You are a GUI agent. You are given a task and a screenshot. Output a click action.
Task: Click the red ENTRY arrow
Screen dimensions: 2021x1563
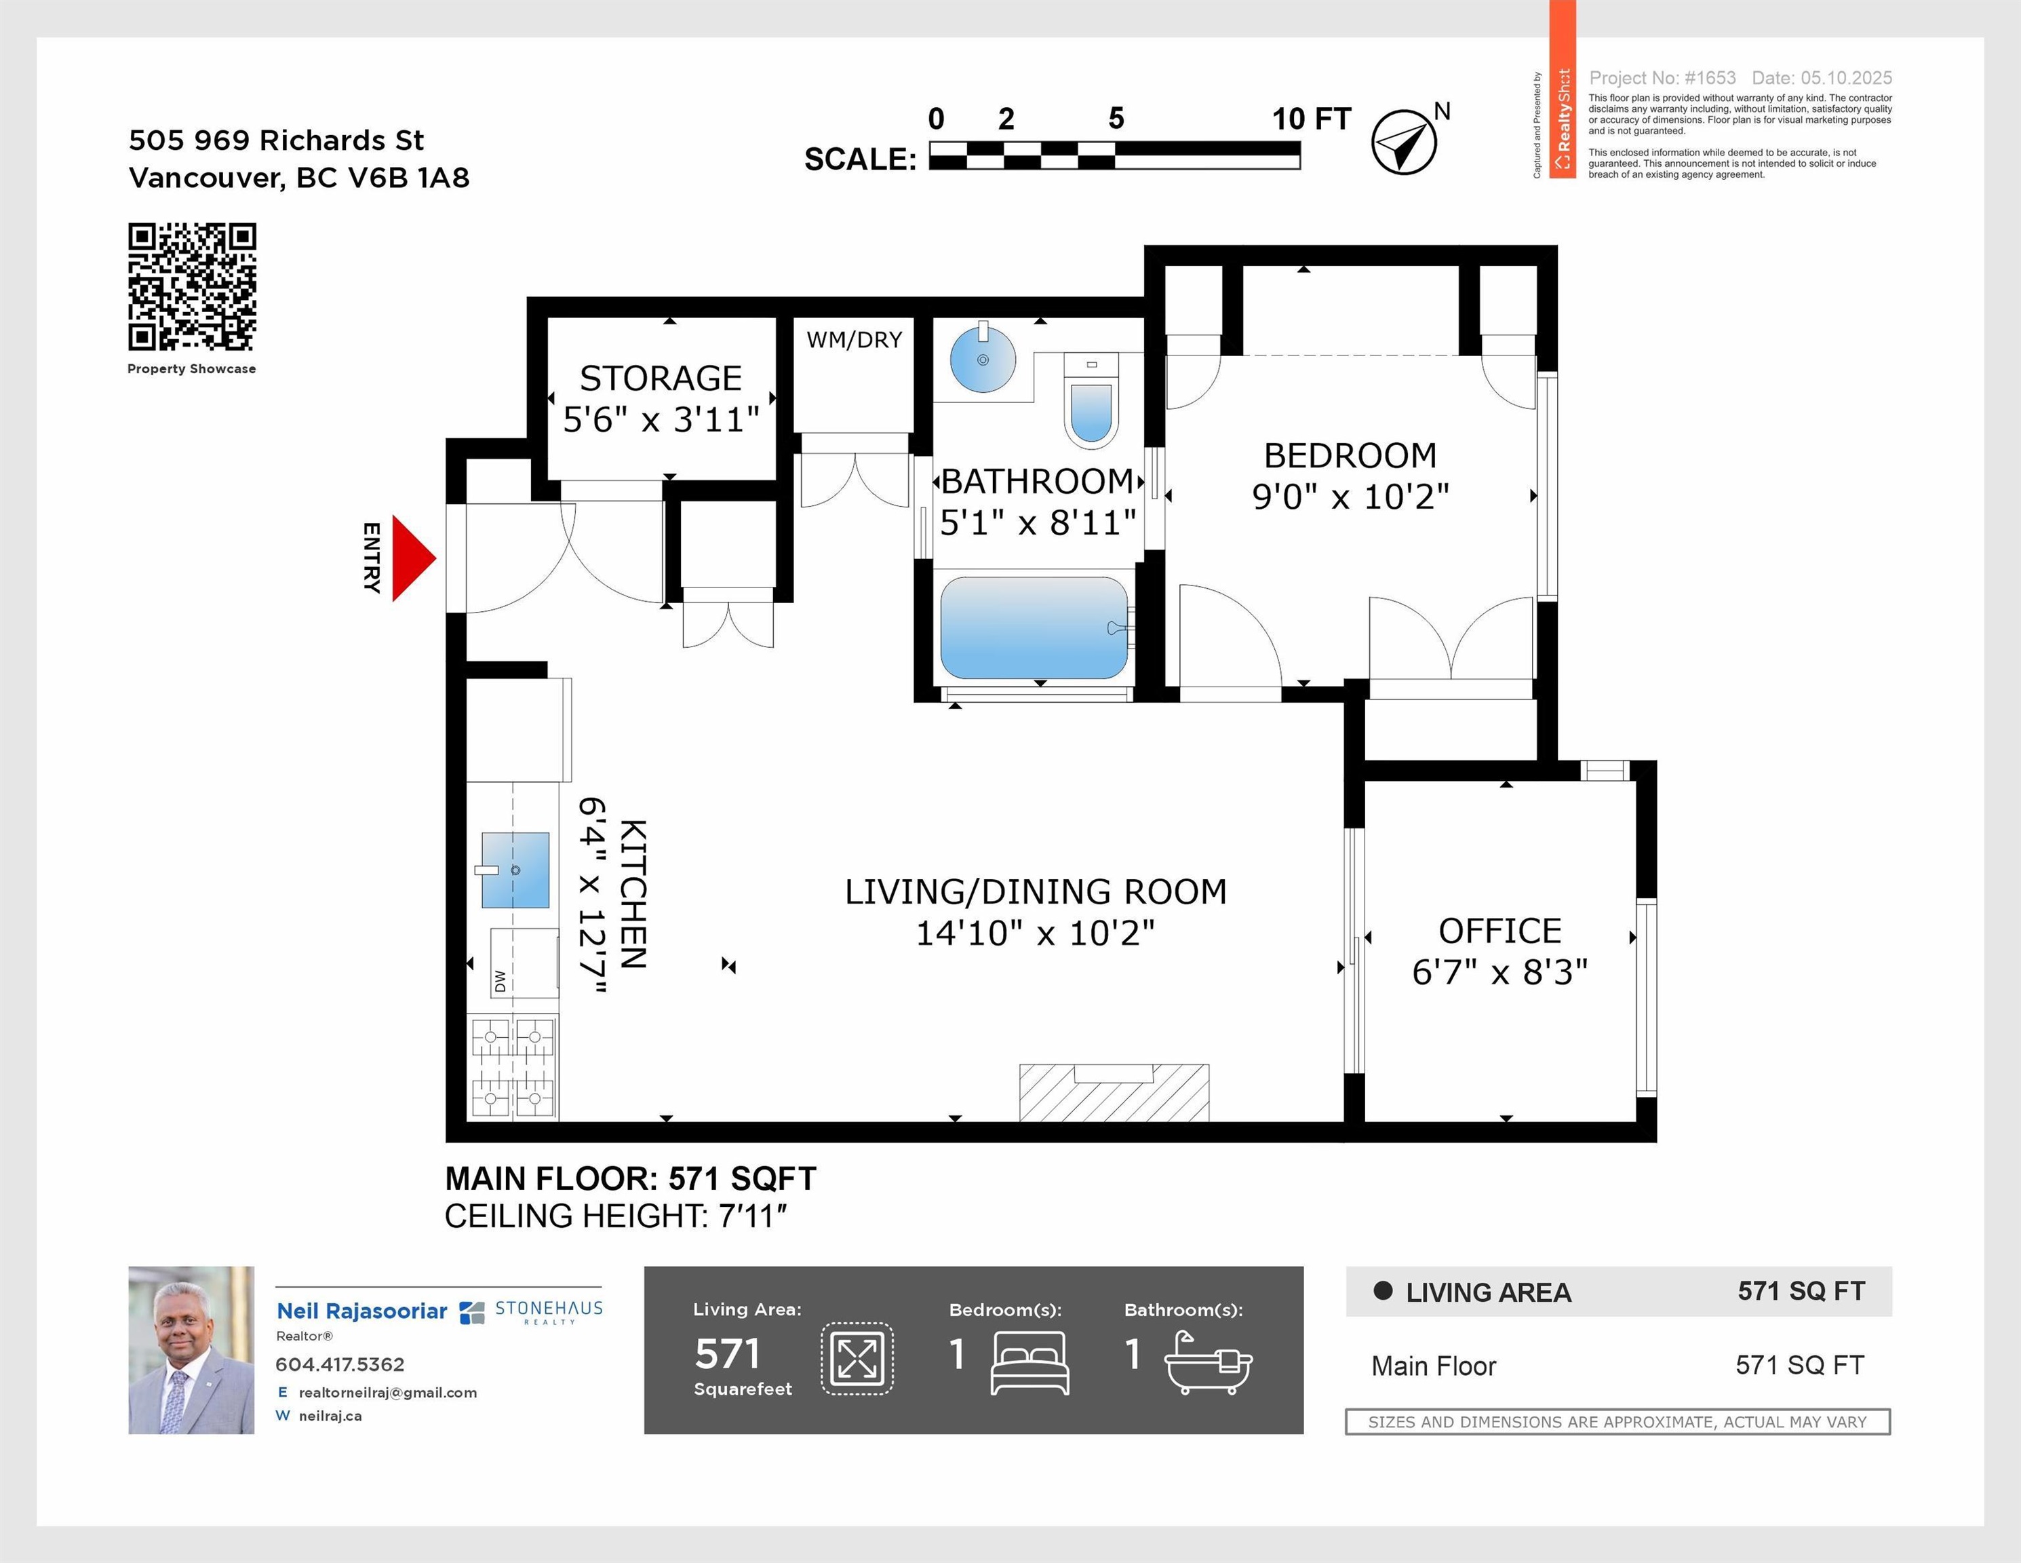pyautogui.click(x=411, y=558)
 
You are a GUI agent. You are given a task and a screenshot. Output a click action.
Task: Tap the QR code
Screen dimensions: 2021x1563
pyautogui.click(x=191, y=287)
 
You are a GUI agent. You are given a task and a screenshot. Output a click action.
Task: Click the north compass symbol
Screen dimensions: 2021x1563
pyautogui.click(x=1403, y=142)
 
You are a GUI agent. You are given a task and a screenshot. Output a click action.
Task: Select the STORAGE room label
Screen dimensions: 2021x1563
pyautogui.click(x=661, y=379)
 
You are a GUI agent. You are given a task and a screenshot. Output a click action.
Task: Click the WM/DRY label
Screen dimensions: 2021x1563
pyautogui.click(x=854, y=340)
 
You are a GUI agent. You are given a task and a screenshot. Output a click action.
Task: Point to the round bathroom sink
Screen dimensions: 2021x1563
pyautogui.click(x=983, y=358)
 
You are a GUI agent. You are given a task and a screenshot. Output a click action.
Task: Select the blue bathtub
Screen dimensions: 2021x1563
pyautogui.click(x=1034, y=628)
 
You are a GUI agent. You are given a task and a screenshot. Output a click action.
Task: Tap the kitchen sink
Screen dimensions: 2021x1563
pyautogui.click(x=515, y=870)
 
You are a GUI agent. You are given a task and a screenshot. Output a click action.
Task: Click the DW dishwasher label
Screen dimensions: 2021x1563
pyautogui.click(x=501, y=981)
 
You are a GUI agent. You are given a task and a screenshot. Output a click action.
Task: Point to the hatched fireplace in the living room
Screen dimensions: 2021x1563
pyautogui.click(x=1114, y=1093)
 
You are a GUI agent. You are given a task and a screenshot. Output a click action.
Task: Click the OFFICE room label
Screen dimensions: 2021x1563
pyautogui.click(x=1500, y=930)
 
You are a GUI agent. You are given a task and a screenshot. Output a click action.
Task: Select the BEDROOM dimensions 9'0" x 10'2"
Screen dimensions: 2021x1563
pyautogui.click(x=1350, y=497)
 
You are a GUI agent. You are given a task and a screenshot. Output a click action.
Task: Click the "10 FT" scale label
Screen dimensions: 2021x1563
pyautogui.click(x=1311, y=119)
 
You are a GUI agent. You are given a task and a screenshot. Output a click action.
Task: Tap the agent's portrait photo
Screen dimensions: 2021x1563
pyautogui.click(x=191, y=1350)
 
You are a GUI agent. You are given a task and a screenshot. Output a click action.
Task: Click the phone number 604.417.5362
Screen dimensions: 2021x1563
pyautogui.click(x=340, y=1364)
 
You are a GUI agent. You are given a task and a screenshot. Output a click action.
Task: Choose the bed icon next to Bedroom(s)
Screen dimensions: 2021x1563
pyautogui.click(x=1030, y=1362)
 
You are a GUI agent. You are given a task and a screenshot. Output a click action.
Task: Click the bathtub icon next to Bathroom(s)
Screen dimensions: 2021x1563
pyautogui.click(x=1208, y=1362)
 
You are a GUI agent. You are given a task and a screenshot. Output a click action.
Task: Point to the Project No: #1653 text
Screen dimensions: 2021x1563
pyautogui.click(x=1662, y=78)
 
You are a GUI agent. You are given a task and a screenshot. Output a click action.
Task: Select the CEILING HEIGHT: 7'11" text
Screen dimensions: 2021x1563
pyautogui.click(x=615, y=1216)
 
